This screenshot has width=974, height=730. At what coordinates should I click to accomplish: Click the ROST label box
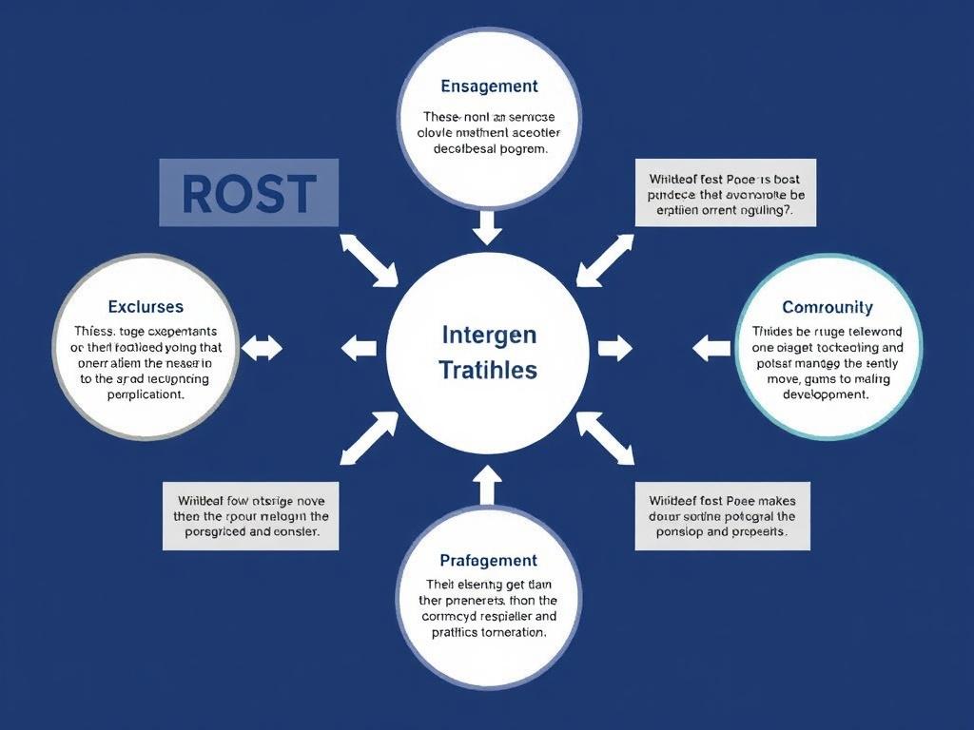[248, 193]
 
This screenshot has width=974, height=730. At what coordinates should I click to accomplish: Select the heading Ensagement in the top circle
[489, 86]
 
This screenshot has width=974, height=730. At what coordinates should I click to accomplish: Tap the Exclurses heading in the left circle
[146, 307]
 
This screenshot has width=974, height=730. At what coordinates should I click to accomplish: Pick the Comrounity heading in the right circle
[827, 307]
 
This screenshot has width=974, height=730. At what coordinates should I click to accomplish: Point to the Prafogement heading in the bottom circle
[489, 561]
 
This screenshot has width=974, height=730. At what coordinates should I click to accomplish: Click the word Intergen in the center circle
[489, 335]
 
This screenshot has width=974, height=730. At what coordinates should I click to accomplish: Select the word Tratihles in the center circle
[489, 370]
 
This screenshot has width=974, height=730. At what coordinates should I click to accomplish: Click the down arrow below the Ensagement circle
[487, 226]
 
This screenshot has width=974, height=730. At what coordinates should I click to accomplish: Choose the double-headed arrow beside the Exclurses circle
[262, 348]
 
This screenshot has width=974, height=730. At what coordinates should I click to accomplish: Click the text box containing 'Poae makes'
[722, 516]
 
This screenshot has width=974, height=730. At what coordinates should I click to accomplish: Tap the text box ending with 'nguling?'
[725, 193]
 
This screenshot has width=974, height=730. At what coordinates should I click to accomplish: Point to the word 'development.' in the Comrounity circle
[827, 394]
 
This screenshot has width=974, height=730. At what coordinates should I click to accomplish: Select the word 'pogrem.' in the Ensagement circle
[516, 149]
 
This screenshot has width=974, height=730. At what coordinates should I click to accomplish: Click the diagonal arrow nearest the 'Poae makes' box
[606, 438]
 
